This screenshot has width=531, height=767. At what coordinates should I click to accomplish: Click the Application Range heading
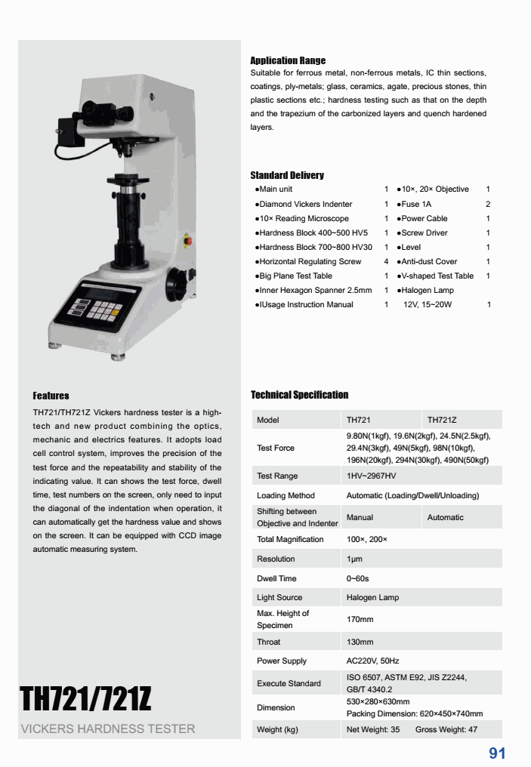(x=288, y=60)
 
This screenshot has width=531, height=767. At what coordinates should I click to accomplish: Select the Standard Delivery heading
(x=287, y=175)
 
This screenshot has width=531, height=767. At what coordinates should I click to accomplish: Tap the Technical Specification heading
(x=299, y=395)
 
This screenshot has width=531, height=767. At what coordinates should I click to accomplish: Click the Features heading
(x=51, y=396)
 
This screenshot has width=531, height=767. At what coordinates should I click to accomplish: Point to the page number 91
(x=497, y=753)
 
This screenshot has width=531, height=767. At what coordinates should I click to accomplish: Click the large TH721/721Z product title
(x=85, y=699)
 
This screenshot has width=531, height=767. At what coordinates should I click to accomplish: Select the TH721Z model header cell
(x=442, y=420)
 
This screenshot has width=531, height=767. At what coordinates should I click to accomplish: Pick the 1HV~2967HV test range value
(x=371, y=476)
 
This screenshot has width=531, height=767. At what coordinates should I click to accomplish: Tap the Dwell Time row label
(x=276, y=578)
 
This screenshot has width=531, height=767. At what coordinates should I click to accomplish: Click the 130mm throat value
(x=360, y=642)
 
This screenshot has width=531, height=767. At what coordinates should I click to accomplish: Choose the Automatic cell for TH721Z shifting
(x=446, y=517)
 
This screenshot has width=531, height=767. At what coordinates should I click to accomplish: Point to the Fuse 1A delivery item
(x=416, y=204)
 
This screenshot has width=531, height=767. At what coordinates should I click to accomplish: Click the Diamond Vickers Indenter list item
(x=305, y=204)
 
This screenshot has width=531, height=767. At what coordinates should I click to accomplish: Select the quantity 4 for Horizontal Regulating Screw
(x=386, y=261)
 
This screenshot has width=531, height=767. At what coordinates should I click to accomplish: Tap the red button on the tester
(x=188, y=242)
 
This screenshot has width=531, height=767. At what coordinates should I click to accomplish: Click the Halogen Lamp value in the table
(x=372, y=598)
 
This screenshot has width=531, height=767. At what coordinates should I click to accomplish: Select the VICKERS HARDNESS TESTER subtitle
(x=108, y=729)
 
